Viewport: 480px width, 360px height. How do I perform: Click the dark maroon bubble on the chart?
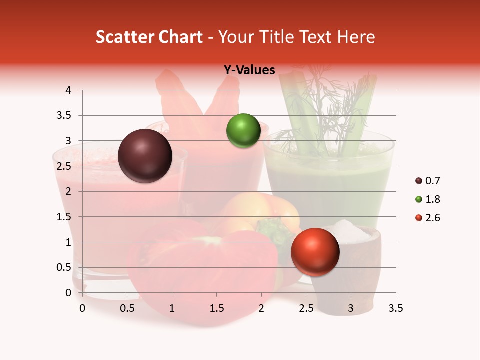point(145,156)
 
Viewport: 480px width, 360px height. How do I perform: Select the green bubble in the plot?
point(243,131)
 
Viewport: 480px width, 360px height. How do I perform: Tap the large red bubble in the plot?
point(315,252)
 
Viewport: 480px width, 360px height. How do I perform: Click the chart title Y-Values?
point(249,70)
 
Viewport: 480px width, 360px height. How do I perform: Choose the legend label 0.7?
point(432,181)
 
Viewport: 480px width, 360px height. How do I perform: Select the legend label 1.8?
point(432,199)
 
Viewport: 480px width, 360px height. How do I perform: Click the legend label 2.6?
point(432,218)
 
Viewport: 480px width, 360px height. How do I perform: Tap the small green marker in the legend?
point(418,199)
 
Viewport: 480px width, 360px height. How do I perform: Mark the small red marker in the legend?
point(418,218)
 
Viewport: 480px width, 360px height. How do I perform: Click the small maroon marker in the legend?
point(418,181)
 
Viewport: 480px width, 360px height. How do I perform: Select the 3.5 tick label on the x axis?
point(395,308)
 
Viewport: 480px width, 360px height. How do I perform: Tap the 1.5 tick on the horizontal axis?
point(217,308)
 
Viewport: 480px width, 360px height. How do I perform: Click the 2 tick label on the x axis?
point(261,308)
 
